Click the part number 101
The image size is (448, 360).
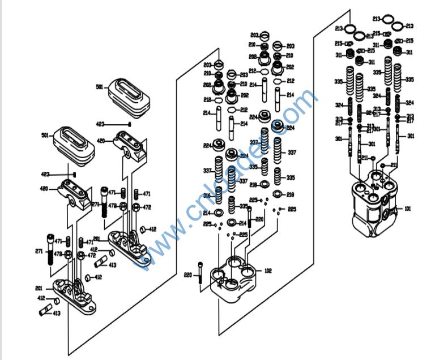click(x=407, y=209)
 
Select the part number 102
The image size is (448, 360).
click(x=268, y=271)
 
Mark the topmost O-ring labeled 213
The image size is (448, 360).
click(x=389, y=19)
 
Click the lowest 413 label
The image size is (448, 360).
click(x=57, y=313)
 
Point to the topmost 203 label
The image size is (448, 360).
click(x=255, y=35)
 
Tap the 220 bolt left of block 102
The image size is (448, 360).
click(x=200, y=274)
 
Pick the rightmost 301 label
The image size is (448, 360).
click(x=411, y=135)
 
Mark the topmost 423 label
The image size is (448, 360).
click(x=100, y=124)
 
